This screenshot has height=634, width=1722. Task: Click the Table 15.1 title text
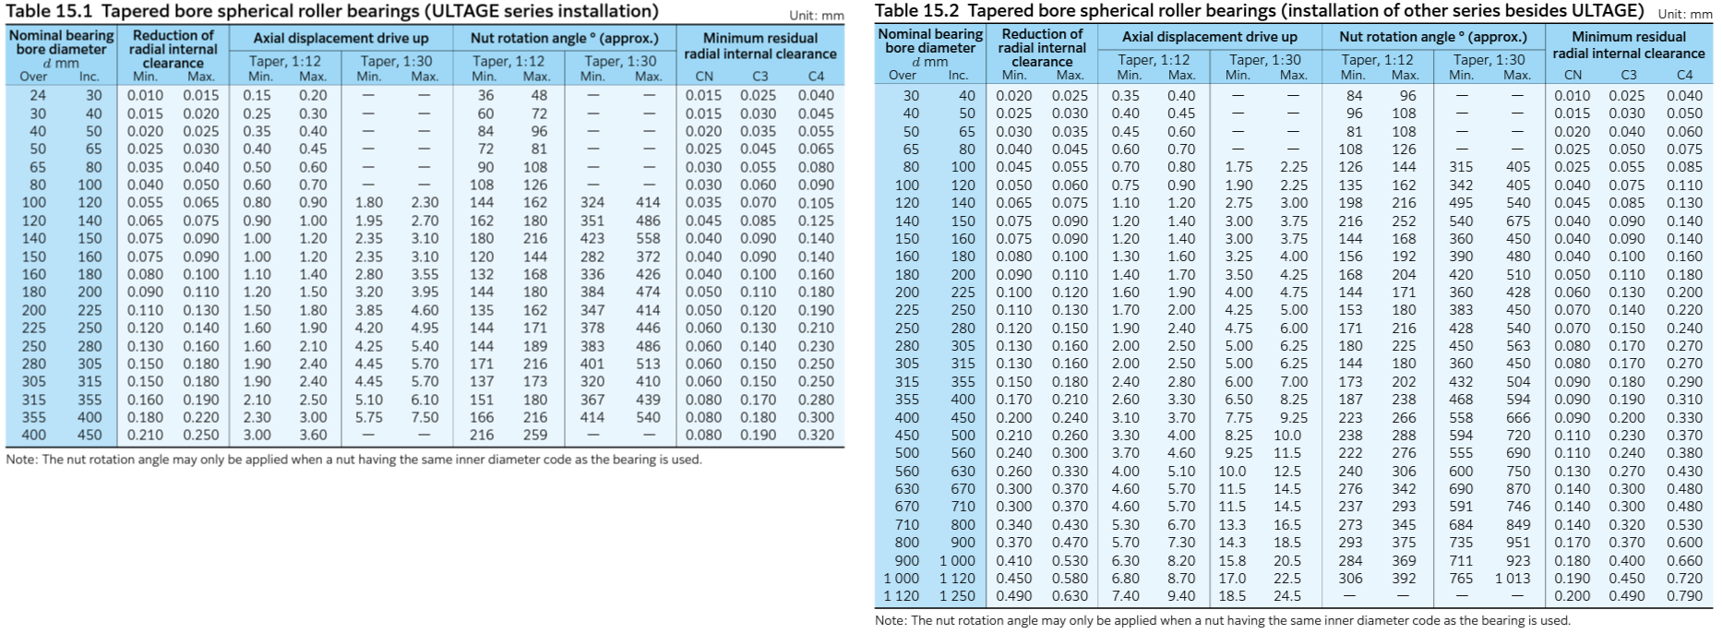tap(332, 11)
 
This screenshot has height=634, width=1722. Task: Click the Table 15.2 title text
tap(1259, 10)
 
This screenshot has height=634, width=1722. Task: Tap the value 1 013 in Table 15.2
tap(1513, 578)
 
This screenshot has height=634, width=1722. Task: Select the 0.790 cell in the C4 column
tap(1684, 596)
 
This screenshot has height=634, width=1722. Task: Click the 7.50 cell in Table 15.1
tap(425, 417)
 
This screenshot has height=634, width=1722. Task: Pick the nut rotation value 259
tap(535, 435)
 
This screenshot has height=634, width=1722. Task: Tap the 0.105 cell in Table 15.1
tap(816, 202)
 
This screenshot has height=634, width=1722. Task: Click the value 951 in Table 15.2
tap(1518, 543)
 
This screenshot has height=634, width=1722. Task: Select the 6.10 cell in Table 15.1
tap(425, 400)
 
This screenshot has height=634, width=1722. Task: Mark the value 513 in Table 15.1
tap(648, 364)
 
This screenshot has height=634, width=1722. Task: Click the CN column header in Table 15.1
tap(704, 76)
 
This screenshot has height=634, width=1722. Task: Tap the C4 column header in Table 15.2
tap(1684, 75)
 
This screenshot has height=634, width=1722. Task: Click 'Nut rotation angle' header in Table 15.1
tap(565, 38)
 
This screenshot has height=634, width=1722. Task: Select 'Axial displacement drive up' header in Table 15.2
tap(1209, 37)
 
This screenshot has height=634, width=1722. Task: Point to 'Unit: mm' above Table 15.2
tap(1685, 14)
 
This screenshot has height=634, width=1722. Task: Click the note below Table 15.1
tap(354, 460)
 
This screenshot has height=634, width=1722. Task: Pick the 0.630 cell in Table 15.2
tap(1070, 596)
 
